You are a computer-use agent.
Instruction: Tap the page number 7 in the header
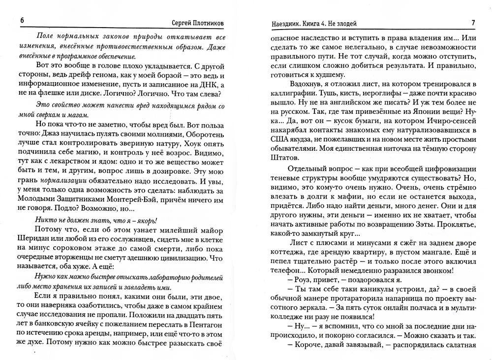(472, 23)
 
